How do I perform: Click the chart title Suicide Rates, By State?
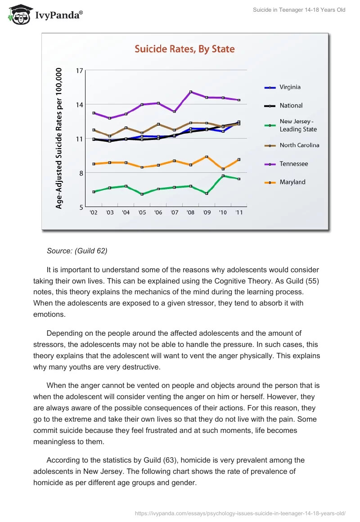[185, 49]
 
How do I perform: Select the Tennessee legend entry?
[293, 164]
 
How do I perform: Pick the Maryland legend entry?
[292, 182]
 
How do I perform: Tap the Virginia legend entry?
[290, 87]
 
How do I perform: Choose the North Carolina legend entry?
[299, 145]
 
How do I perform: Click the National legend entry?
[291, 105]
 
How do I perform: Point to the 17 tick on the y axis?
[80, 71]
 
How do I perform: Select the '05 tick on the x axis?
[142, 213]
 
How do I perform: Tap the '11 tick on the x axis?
[239, 213]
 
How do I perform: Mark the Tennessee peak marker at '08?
[191, 92]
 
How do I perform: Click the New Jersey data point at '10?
[223, 176]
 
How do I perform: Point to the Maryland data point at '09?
[207, 157]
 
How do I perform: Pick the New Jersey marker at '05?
[142, 194]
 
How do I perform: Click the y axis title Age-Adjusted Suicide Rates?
[59, 139]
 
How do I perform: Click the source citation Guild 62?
[77, 251]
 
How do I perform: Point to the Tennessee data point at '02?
[94, 113]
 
